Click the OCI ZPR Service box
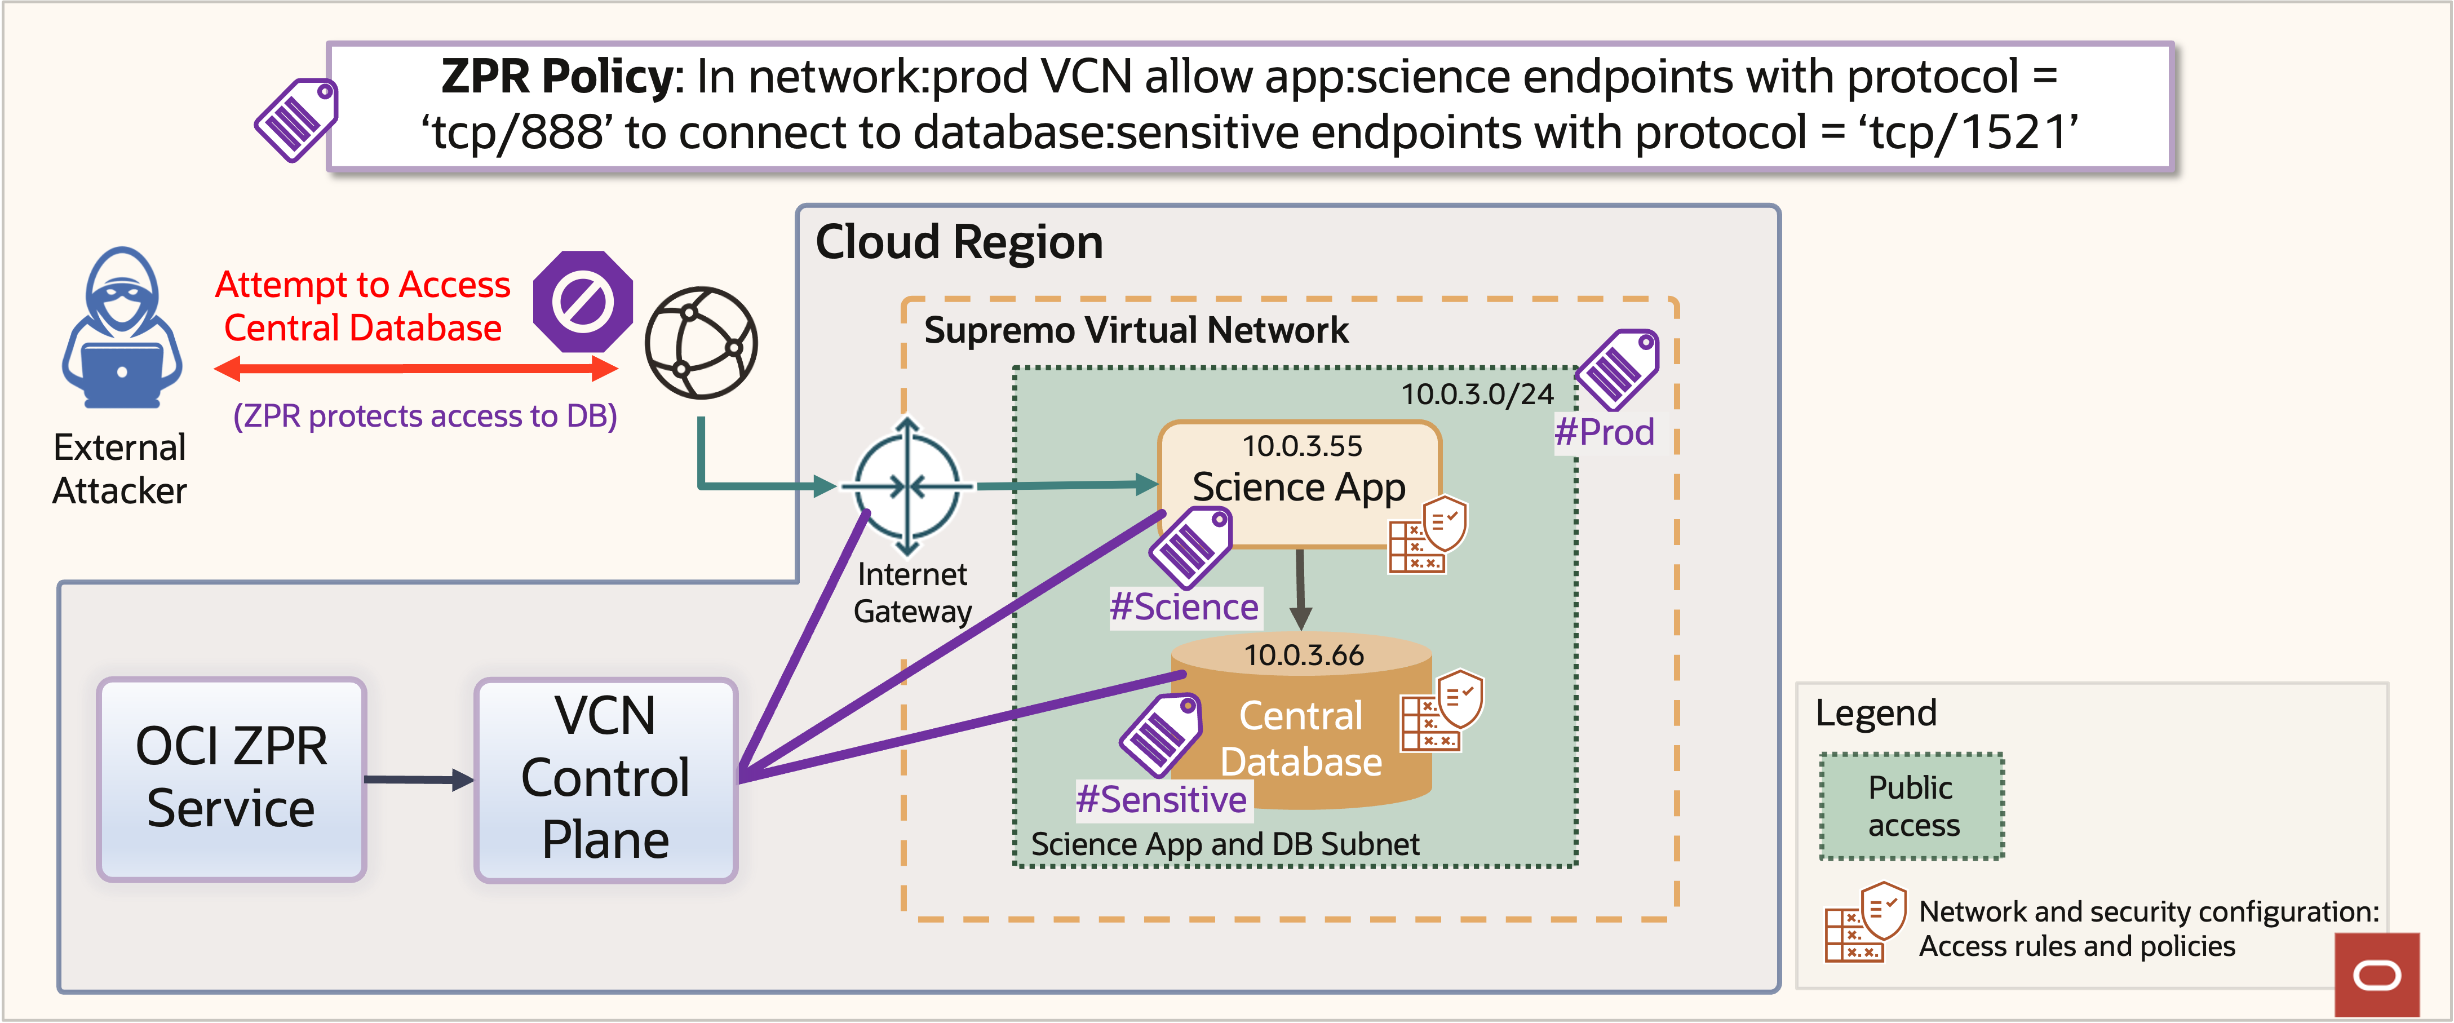point(232,778)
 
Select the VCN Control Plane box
point(606,779)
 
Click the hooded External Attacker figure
point(122,329)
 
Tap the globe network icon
point(701,343)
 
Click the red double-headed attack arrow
point(415,369)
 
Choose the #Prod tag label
point(1604,432)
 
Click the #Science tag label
point(1184,606)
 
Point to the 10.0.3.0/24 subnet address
point(1477,393)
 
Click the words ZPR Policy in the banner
point(557,76)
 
